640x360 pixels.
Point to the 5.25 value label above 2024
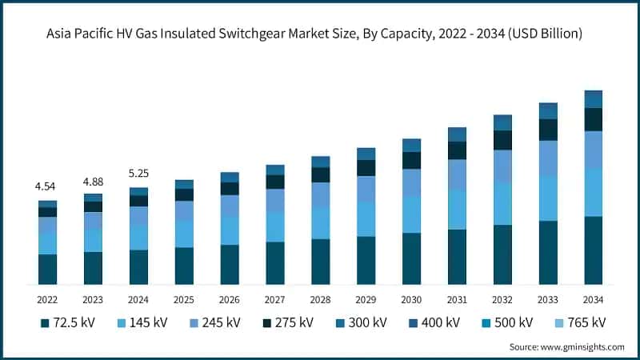138,173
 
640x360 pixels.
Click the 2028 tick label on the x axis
321,299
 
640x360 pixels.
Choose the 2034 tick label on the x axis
593,299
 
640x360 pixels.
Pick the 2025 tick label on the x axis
184,299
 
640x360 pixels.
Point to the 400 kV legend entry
435,323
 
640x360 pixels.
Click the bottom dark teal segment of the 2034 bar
593,250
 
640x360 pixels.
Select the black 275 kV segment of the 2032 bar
502,140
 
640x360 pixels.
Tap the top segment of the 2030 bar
411,145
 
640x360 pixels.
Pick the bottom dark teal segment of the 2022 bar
47,270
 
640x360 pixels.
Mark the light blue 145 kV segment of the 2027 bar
275,227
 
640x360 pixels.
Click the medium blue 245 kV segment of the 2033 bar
548,158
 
